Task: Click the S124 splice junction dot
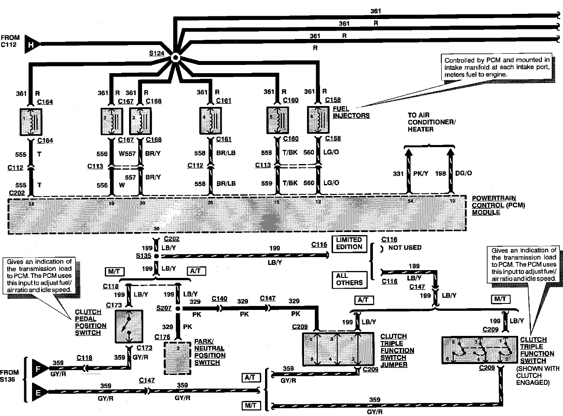[x=175, y=58]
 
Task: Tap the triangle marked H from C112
[x=32, y=44]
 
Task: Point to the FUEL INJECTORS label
[x=351, y=112]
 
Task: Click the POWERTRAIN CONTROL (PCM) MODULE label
[x=498, y=205]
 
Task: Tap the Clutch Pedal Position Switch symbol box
[x=129, y=326]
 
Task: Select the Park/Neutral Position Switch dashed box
[x=178, y=358]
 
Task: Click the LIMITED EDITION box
[x=349, y=244]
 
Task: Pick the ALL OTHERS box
[x=349, y=279]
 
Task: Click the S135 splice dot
[x=156, y=256]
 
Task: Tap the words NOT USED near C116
[x=405, y=248]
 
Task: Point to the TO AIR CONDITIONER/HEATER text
[x=431, y=122]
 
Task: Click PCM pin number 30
[x=156, y=229]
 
